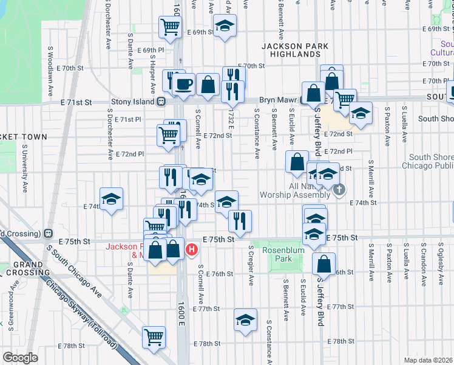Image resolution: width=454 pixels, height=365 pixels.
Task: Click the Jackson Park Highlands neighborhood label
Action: click(x=295, y=50)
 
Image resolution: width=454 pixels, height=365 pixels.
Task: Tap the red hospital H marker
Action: click(x=192, y=249)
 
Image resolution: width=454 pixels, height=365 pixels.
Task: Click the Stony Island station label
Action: click(x=133, y=102)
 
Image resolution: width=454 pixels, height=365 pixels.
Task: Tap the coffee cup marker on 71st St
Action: click(x=184, y=85)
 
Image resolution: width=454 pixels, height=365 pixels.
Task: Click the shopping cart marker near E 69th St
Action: click(x=170, y=27)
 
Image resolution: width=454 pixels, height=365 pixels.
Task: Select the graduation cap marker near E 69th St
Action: click(x=225, y=26)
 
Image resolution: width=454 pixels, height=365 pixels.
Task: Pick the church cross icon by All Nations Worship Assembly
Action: click(x=339, y=190)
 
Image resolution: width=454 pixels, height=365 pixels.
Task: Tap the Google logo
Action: click(x=20, y=358)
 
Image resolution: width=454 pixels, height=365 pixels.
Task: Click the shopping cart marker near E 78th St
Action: click(x=154, y=336)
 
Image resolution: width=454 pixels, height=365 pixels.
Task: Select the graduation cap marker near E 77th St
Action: click(x=245, y=320)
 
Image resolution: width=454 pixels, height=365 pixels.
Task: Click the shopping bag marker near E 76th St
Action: click(x=324, y=263)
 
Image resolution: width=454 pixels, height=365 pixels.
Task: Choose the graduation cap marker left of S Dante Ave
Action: click(x=111, y=199)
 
